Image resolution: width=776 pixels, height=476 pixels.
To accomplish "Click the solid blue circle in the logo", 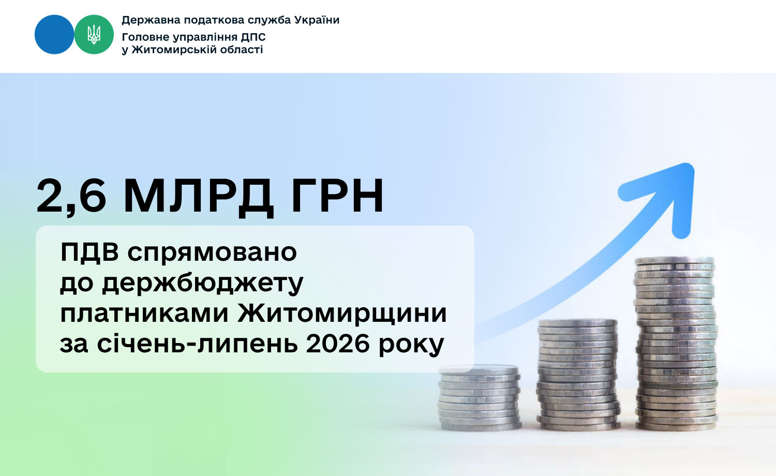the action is point(54,34).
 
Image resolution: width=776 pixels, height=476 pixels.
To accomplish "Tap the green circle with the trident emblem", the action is point(94,34).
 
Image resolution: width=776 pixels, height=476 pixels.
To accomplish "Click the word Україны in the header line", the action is point(317,20).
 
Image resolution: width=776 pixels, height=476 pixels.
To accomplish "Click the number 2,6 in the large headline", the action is point(71,196).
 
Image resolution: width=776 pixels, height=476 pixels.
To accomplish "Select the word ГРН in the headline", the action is point(337,196).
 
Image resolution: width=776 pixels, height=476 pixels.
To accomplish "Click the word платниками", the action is point(144,314).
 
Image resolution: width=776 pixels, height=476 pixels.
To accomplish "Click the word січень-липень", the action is point(197,345).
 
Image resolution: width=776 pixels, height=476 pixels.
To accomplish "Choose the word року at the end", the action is point(411,346).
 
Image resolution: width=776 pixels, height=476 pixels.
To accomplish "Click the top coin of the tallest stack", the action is point(675,261).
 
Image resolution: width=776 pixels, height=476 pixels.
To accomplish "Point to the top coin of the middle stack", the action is point(578,323).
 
